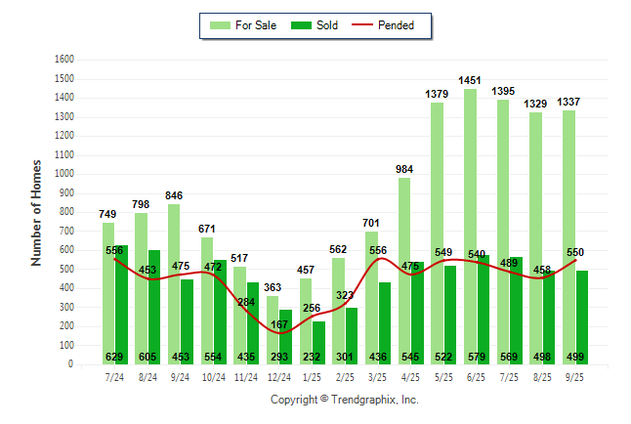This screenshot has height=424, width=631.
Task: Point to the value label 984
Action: pyautogui.click(x=404, y=169)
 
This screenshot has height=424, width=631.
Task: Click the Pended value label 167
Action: pyautogui.click(x=279, y=324)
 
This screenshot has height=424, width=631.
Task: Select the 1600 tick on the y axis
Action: pyautogui.click(x=65, y=59)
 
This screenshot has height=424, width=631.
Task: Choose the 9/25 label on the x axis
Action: pyautogui.click(x=574, y=376)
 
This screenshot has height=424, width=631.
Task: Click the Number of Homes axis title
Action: pyautogui.click(x=37, y=212)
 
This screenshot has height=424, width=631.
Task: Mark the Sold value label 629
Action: pyautogui.click(x=115, y=357)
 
